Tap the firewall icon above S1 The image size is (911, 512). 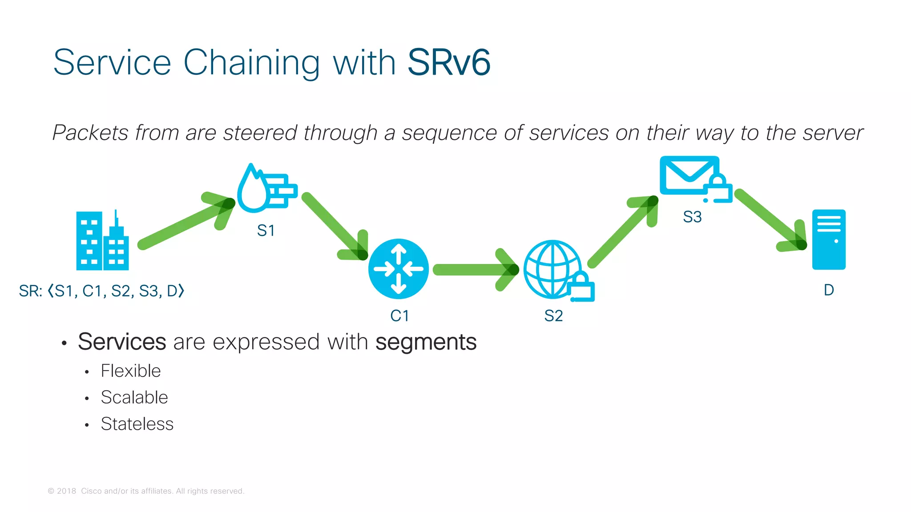click(266, 188)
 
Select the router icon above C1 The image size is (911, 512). click(399, 269)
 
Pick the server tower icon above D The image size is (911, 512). click(829, 240)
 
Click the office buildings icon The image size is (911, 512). click(102, 241)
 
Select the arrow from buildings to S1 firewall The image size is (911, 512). click(187, 222)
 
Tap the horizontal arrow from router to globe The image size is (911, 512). click(474, 269)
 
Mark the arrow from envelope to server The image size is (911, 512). click(770, 220)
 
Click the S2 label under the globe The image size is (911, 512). click(553, 316)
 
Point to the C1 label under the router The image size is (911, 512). click(399, 316)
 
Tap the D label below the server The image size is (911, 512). click(829, 290)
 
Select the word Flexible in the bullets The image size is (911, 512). click(131, 371)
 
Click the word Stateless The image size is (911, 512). click(137, 424)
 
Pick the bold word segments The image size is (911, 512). click(426, 342)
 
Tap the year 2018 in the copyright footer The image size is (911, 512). click(66, 491)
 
